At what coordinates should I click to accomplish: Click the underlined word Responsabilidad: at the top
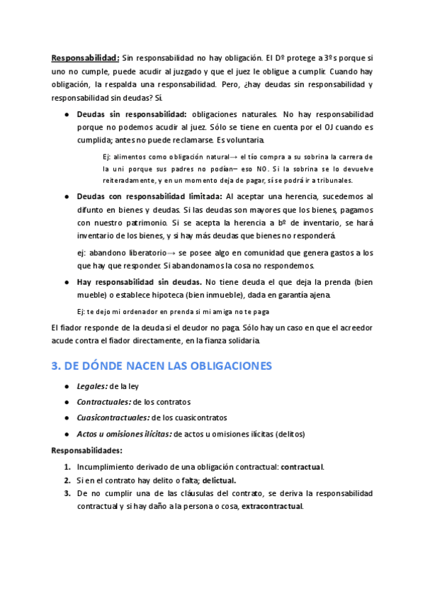[x=85, y=57]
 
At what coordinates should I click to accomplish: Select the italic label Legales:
[x=91, y=386]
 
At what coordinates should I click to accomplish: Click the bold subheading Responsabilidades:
[x=87, y=450]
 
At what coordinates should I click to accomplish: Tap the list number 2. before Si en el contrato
[x=67, y=480]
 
